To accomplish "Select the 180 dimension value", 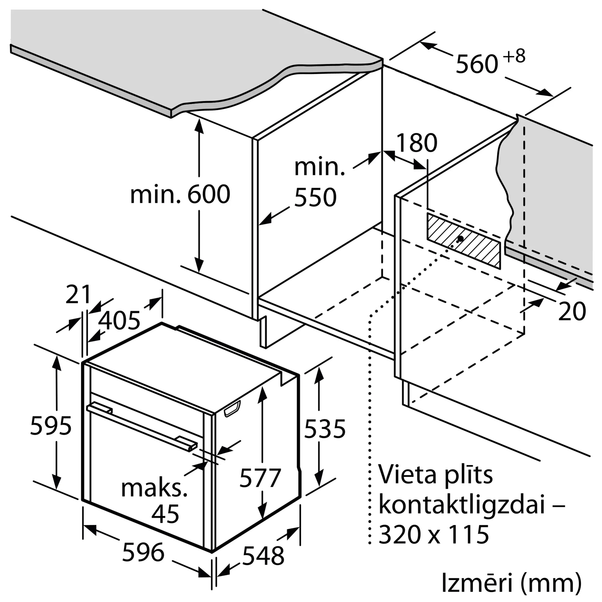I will tap(417, 143).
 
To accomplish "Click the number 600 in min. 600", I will tap(209, 194).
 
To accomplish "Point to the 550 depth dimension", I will tap(315, 197).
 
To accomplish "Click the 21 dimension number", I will tap(78, 294).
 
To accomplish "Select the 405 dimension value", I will tap(119, 321).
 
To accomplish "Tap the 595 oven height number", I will tap(51, 426).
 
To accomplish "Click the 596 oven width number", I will tap(143, 552).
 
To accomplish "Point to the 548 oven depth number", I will tap(263, 556).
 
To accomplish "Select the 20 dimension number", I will tap(572, 311).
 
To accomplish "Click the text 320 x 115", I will tap(434, 535).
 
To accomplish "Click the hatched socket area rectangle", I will tap(463, 240).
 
